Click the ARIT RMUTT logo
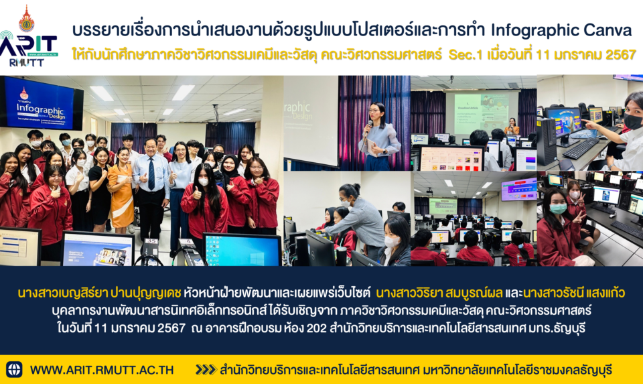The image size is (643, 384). [29, 37]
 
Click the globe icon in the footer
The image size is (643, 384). [14, 369]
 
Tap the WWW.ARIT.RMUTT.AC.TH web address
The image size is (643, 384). [102, 370]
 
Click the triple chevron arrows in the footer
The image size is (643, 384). [206, 370]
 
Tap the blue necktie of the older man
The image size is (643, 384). [151, 174]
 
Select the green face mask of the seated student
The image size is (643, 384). [558, 208]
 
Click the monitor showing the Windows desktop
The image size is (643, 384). [242, 249]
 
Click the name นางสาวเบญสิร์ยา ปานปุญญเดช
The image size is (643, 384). [99, 293]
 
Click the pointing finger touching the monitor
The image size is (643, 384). [584, 123]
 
